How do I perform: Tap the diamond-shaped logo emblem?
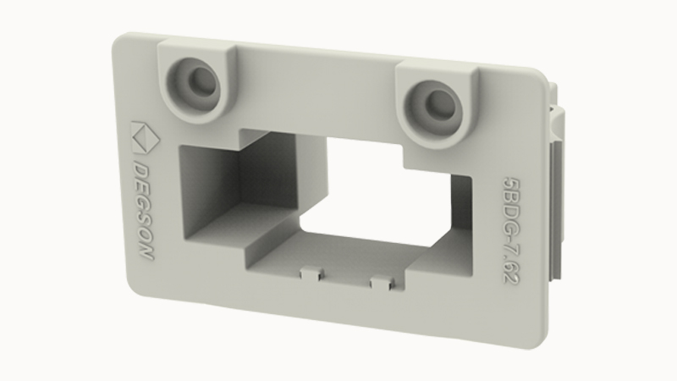(x=145, y=137)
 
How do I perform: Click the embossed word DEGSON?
(x=142, y=211)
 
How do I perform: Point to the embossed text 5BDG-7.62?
(x=510, y=229)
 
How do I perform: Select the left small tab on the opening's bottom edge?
(x=311, y=273)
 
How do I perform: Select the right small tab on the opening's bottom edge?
(x=383, y=282)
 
